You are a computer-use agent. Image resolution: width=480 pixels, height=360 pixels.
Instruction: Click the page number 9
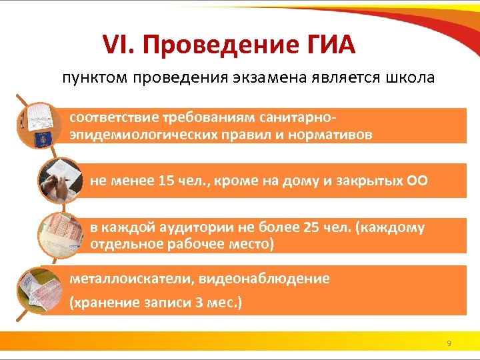pyautogui.click(x=449, y=343)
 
